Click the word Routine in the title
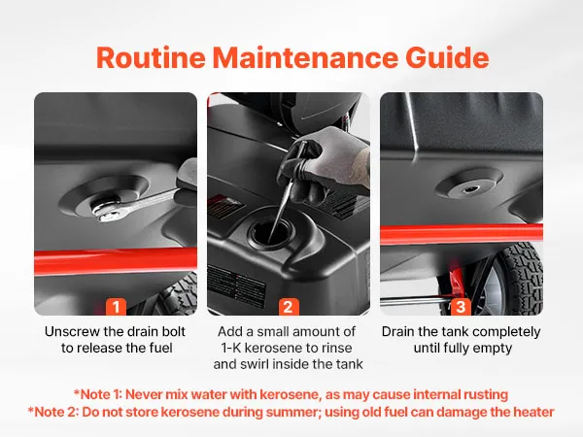(151, 57)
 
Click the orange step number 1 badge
(116, 307)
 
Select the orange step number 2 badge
(289, 307)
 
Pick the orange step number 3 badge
(461, 307)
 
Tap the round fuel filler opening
(273, 233)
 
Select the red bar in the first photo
(116, 261)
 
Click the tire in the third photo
(518, 279)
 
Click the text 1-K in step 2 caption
(231, 348)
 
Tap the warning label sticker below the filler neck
(237, 286)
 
